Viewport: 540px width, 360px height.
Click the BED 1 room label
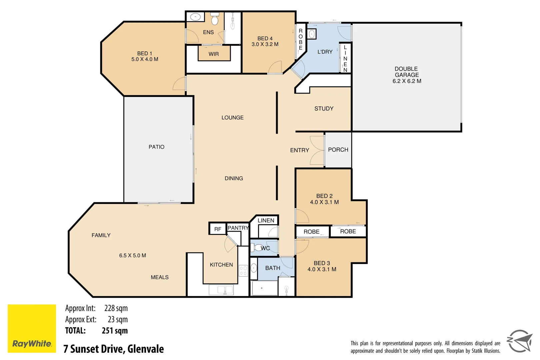click(x=145, y=53)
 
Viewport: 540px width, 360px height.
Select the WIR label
click(x=214, y=54)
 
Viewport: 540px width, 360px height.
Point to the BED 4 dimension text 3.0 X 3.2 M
click(x=265, y=44)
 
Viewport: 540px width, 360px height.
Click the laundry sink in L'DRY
click(x=312, y=34)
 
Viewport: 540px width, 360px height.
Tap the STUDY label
click(x=324, y=109)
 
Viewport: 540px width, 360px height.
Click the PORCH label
click(x=338, y=150)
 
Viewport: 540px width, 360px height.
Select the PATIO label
click(x=156, y=147)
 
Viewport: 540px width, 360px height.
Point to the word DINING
click(x=234, y=178)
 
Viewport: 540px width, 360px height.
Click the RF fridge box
click(x=218, y=229)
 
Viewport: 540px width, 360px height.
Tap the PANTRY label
click(x=238, y=228)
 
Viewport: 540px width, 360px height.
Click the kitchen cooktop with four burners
click(x=243, y=270)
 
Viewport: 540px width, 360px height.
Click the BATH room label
click(x=273, y=268)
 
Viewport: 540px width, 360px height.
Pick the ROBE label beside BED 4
click(x=300, y=39)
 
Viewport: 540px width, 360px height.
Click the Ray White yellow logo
click(x=32, y=328)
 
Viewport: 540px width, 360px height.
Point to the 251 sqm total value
click(x=115, y=331)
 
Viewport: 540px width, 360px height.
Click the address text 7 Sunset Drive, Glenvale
click(x=114, y=349)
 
